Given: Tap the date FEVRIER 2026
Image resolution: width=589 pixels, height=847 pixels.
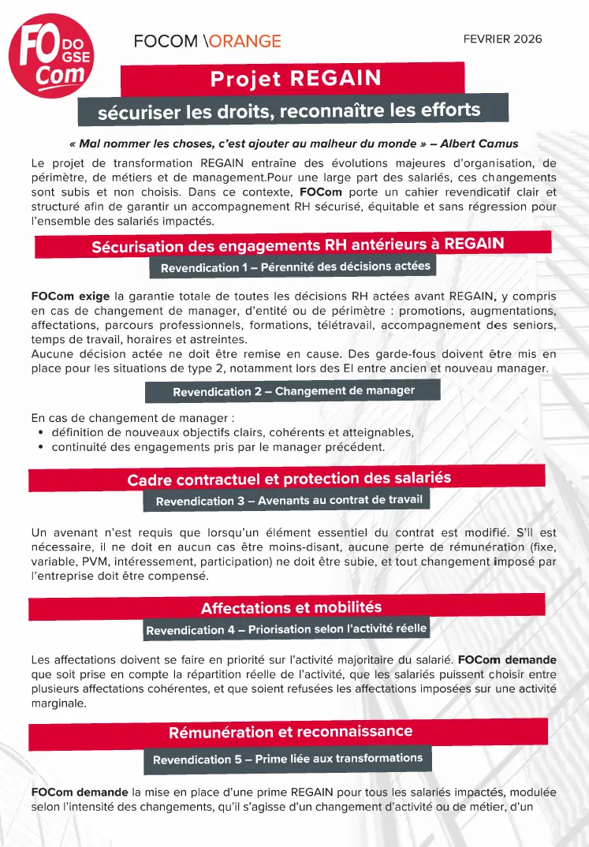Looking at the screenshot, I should click(502, 39).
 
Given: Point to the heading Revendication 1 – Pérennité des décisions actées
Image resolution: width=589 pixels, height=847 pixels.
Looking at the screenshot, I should click(295, 267).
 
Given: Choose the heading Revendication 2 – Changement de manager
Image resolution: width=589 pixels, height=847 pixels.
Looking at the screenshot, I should click(293, 391).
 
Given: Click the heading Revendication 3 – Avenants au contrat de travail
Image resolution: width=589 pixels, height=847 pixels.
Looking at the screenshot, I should click(289, 500).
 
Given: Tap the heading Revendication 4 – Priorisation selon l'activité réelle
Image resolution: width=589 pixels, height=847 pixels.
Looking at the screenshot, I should click(286, 629).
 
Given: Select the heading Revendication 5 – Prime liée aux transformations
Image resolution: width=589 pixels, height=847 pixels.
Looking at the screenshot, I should click(288, 759).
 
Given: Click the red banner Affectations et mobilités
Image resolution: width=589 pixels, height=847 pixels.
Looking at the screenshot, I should click(290, 607).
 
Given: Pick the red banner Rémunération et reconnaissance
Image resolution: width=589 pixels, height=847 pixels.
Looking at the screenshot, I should click(290, 733).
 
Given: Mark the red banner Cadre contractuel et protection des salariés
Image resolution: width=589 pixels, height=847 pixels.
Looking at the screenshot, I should click(289, 479).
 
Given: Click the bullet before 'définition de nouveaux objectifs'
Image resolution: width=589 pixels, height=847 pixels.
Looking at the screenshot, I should click(40, 433).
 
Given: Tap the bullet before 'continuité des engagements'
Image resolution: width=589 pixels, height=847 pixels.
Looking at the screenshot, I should click(40, 448).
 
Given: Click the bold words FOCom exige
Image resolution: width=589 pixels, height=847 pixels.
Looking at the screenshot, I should click(70, 297).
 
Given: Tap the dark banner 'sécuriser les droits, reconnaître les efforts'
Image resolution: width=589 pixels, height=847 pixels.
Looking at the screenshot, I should click(289, 110).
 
